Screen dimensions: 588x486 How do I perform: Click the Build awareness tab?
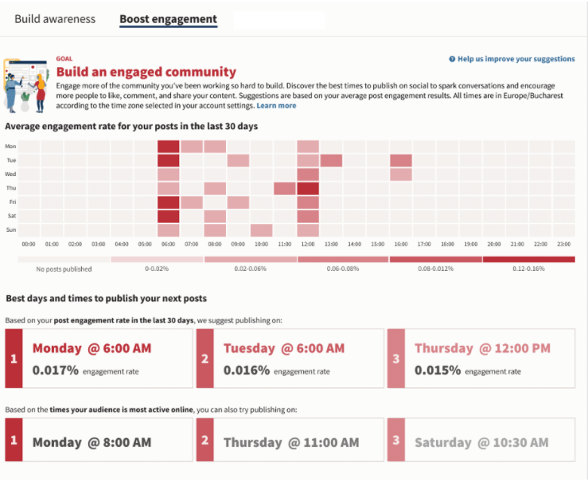click(55, 19)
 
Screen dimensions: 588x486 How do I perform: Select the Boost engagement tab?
click(169, 19)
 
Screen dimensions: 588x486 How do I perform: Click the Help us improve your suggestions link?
click(512, 59)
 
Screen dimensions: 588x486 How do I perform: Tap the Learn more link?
click(276, 105)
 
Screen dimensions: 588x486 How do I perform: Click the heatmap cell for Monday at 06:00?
click(169, 147)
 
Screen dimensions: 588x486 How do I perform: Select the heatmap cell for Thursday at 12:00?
click(308, 188)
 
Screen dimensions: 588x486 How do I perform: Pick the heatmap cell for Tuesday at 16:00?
click(401, 160)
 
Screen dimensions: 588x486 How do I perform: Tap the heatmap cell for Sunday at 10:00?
click(261, 230)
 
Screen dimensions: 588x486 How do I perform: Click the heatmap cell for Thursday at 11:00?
click(285, 188)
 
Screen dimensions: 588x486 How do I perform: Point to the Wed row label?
click(10, 174)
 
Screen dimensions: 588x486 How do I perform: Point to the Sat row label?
click(12, 216)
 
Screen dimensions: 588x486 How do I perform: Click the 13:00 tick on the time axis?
click(331, 244)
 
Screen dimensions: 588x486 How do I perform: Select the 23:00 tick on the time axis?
click(563, 244)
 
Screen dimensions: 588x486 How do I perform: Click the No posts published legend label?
click(64, 269)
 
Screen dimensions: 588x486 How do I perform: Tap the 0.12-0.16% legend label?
click(528, 268)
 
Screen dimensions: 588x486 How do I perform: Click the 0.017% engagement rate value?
click(56, 370)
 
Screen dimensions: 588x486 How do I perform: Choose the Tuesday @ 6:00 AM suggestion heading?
click(284, 348)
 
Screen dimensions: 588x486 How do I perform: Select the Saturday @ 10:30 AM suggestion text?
click(481, 442)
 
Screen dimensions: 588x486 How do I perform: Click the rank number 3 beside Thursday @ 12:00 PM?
click(396, 359)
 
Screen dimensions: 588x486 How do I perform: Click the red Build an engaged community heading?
click(146, 72)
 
